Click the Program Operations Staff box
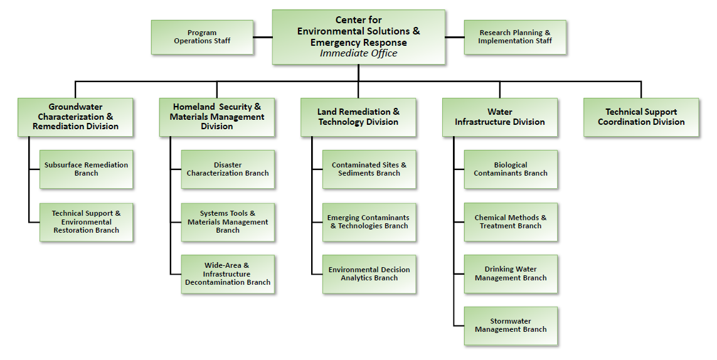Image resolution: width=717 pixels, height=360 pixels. pyautogui.click(x=202, y=37)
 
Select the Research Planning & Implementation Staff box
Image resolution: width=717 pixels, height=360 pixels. pyautogui.click(x=515, y=37)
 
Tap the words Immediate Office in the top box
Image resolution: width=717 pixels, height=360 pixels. pyautogui.click(x=358, y=53)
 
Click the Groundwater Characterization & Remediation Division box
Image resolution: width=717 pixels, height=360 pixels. pyautogui.click(x=75, y=117)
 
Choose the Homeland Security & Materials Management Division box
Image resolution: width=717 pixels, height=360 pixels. pyautogui.click(x=216, y=117)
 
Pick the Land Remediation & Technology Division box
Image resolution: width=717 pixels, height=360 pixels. pyautogui.click(x=358, y=117)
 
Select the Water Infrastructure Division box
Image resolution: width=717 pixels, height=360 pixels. pyautogui.click(x=499, y=117)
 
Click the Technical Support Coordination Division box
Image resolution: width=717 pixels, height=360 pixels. pyautogui.click(x=641, y=117)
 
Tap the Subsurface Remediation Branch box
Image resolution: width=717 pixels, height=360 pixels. pyautogui.click(x=86, y=169)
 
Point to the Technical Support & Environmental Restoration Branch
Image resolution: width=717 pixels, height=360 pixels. pyautogui.click(x=86, y=222)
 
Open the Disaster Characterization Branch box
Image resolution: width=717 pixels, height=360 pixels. pyautogui.click(x=228, y=169)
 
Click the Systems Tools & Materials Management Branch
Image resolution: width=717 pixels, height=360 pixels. pyautogui.click(x=228, y=222)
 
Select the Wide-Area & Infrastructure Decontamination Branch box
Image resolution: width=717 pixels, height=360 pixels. pyautogui.click(x=228, y=274)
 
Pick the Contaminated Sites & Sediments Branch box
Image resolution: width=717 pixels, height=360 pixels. pyautogui.click(x=369, y=169)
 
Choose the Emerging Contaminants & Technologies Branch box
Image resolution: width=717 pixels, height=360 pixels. pyautogui.click(x=369, y=222)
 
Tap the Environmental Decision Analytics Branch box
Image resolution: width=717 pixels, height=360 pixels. pyautogui.click(x=369, y=274)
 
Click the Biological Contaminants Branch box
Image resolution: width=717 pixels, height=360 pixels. pyautogui.click(x=511, y=169)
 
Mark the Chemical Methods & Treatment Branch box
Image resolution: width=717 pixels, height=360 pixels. pyautogui.click(x=511, y=222)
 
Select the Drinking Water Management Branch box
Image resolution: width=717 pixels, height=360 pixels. pyautogui.click(x=511, y=274)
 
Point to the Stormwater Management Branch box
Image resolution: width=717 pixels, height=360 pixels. pyautogui.click(x=511, y=326)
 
